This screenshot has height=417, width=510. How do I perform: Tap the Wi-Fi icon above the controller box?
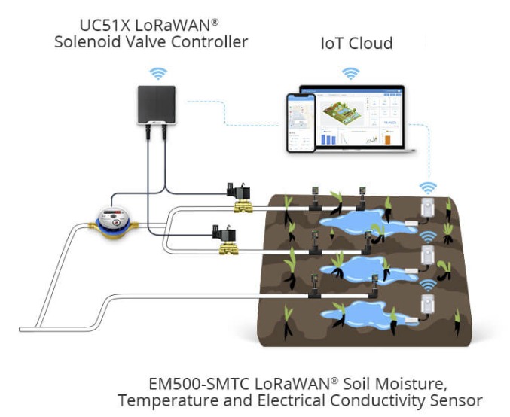click(x=157, y=73)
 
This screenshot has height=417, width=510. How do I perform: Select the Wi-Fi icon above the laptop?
click(x=350, y=73)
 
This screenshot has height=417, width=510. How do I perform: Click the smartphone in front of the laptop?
click(x=301, y=123)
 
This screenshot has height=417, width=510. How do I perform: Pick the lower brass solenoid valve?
click(x=225, y=239)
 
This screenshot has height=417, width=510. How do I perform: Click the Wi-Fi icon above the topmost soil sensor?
click(x=428, y=188)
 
